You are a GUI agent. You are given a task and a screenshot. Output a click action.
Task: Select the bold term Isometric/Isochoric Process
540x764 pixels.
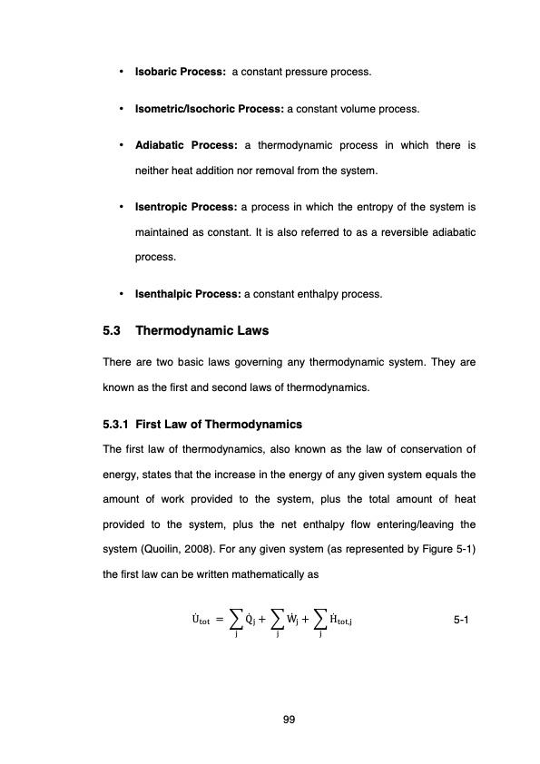pos(210,109)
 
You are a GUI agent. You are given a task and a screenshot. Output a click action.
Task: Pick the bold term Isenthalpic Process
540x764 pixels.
pos(188,293)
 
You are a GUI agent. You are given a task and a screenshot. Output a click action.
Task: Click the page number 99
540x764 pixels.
pos(289,720)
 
